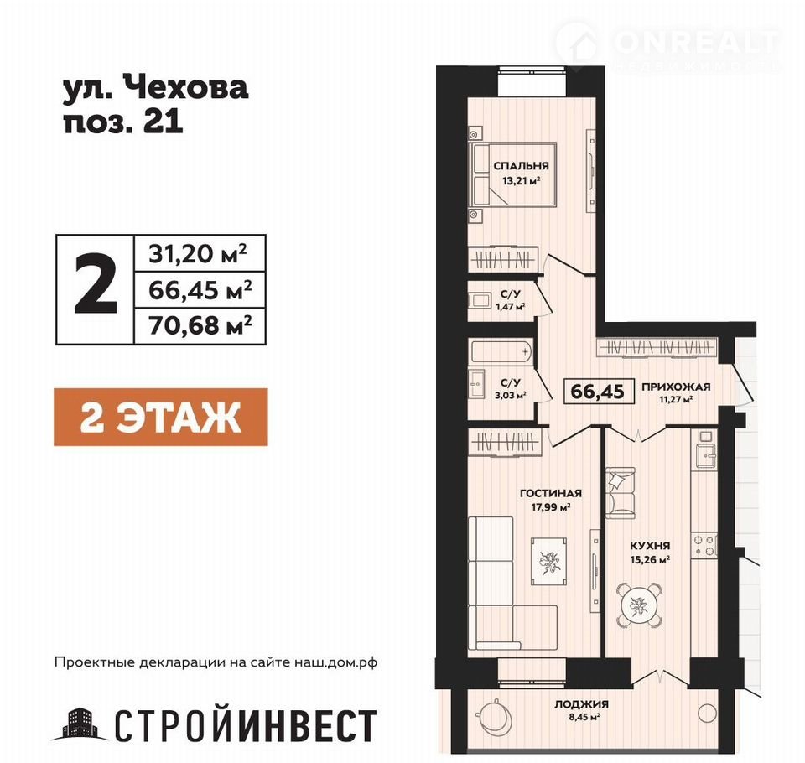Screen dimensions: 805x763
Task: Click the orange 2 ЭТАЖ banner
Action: (161, 417)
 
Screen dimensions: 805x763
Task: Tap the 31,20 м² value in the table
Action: (198, 254)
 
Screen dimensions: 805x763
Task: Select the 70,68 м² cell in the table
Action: (200, 325)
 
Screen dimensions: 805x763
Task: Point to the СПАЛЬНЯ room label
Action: (521, 166)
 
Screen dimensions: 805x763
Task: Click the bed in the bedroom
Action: (513, 174)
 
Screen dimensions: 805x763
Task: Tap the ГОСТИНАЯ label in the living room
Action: (551, 493)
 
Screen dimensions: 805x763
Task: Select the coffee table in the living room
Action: (548, 561)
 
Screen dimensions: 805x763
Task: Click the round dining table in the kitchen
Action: (639, 605)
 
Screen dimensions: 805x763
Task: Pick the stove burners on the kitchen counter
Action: (704, 546)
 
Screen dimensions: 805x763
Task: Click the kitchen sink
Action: (706, 454)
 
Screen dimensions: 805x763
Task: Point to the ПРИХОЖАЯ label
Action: (676, 387)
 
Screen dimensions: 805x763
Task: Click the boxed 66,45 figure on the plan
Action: (598, 392)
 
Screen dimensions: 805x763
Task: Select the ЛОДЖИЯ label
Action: (580, 704)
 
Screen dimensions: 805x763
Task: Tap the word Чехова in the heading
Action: (187, 87)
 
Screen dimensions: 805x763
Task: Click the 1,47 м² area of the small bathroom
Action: (511, 307)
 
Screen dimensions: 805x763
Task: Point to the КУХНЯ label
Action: (650, 546)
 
